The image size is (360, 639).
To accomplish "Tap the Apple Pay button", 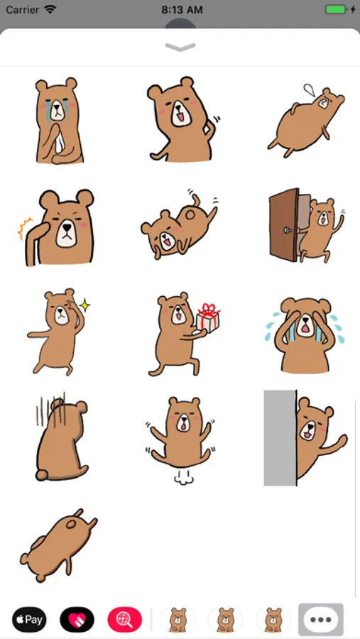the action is [x=29, y=620].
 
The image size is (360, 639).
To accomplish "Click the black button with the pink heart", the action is [x=77, y=620].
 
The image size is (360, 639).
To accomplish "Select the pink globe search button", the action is [x=125, y=620].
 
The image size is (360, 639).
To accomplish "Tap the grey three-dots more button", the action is [x=321, y=620].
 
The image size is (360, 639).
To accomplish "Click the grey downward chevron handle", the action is [x=180, y=48].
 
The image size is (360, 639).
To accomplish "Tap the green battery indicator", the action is [x=336, y=9].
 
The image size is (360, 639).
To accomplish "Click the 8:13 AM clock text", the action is [x=182, y=10].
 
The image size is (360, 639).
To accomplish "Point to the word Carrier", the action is [x=23, y=10].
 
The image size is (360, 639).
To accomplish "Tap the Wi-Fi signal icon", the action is [x=50, y=9].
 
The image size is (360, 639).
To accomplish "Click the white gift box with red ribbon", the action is [x=207, y=318].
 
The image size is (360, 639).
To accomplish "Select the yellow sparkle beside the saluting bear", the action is [x=84, y=305].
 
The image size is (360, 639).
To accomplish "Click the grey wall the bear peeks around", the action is [x=280, y=438].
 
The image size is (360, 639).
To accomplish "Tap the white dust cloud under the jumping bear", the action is [x=183, y=478].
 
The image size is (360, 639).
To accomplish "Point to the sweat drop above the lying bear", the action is [x=310, y=90].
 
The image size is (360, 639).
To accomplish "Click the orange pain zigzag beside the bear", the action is [x=24, y=228].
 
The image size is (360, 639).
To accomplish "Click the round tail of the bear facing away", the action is [x=41, y=475].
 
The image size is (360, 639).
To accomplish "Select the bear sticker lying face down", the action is [x=58, y=545].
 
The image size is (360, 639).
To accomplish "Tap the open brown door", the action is [x=285, y=225].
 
